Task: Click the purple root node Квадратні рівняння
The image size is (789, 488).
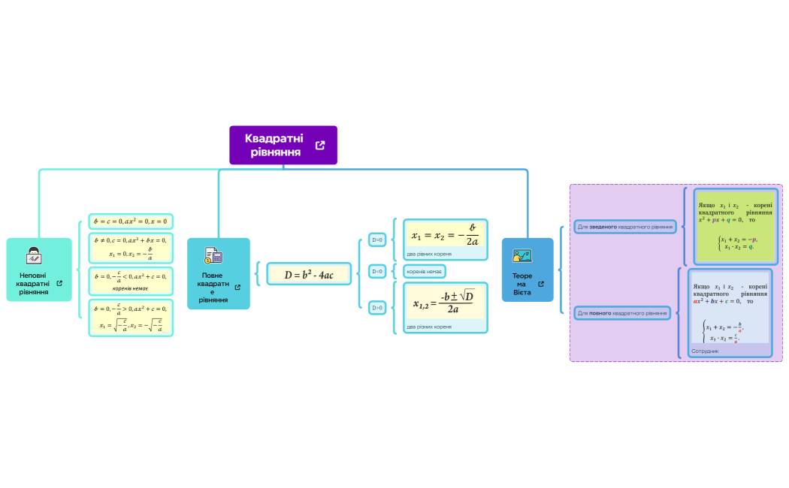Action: [274, 145]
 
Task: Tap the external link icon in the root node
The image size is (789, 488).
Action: [320, 145]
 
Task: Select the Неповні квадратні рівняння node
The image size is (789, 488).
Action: [33, 283]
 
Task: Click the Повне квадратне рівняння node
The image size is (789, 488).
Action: [213, 287]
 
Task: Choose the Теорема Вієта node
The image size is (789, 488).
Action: [522, 284]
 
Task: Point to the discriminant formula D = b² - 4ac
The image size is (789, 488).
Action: [309, 274]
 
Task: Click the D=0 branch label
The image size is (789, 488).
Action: [377, 240]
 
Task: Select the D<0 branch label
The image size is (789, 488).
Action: [377, 271]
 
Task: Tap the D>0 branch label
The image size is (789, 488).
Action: [377, 307]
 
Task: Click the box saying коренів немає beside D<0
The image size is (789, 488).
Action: [425, 271]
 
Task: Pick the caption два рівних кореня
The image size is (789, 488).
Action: [429, 255]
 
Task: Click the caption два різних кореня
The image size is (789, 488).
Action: [429, 327]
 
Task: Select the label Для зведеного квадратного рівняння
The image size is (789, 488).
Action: [624, 226]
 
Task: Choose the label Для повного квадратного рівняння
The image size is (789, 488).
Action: [622, 313]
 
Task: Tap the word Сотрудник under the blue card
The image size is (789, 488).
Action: [706, 351]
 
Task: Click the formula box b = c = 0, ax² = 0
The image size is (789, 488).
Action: [131, 221]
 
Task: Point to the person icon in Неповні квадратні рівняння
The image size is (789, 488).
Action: [33, 255]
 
